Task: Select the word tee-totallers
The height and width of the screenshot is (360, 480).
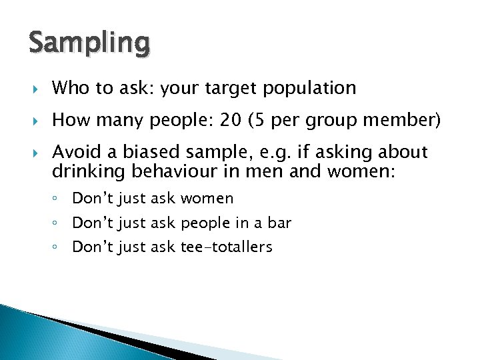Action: (227, 247)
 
